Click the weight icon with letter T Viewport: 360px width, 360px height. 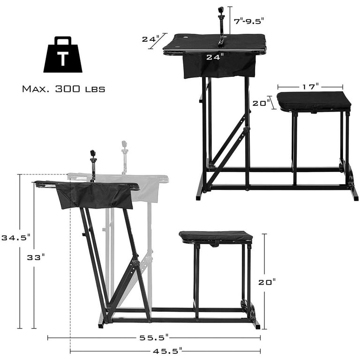[x=63, y=55]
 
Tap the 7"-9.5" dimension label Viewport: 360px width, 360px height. [x=249, y=22]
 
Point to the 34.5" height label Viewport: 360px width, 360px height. [x=16, y=237]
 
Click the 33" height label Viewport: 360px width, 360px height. [x=36, y=257]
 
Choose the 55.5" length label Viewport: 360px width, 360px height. [x=154, y=337]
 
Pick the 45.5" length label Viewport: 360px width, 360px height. [x=167, y=351]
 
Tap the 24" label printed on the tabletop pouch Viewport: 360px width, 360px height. [x=215, y=57]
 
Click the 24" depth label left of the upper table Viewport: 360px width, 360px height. [x=151, y=39]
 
